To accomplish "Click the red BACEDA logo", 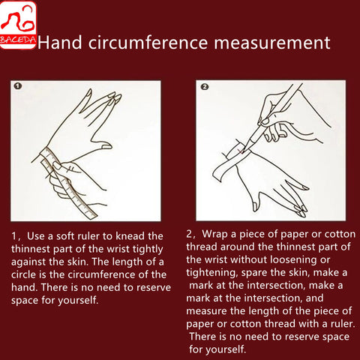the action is [18, 25].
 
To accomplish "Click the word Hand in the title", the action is [60, 43].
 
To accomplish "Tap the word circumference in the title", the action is [148, 43].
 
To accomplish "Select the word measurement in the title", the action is [272, 43].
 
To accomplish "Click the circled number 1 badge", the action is [18, 86].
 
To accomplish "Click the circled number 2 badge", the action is [205, 87].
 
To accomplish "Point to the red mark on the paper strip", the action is [241, 151].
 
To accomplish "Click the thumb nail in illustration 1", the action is [107, 147].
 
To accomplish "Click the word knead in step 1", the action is [130, 236].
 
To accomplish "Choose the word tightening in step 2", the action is [211, 273].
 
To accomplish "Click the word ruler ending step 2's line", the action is [343, 323].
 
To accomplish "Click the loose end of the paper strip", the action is [218, 174].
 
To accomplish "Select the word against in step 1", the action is [28, 262].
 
